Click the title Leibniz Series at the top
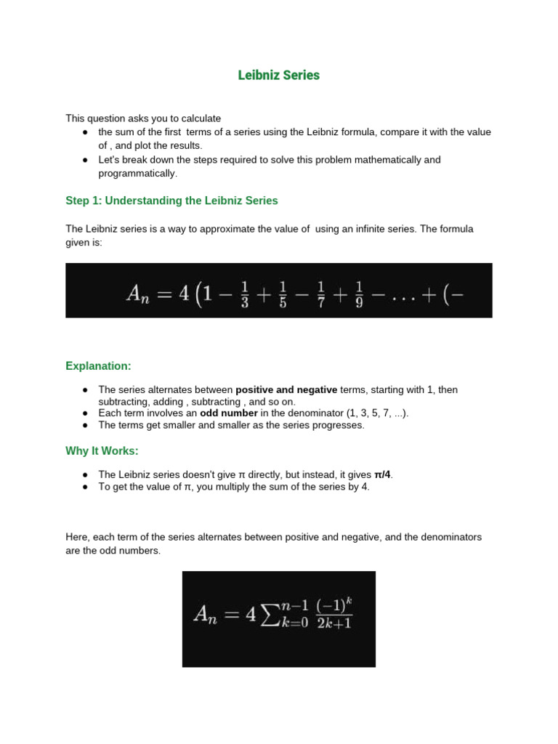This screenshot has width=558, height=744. point(279,76)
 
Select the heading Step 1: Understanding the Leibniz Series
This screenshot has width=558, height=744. point(171,201)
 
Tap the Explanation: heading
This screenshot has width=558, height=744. point(98,366)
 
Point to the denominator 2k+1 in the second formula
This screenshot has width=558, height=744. point(334,624)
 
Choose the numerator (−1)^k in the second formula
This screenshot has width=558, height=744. point(335,605)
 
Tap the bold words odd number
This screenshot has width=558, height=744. point(229,413)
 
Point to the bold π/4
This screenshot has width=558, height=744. point(381,475)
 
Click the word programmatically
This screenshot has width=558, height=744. point(137,174)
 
